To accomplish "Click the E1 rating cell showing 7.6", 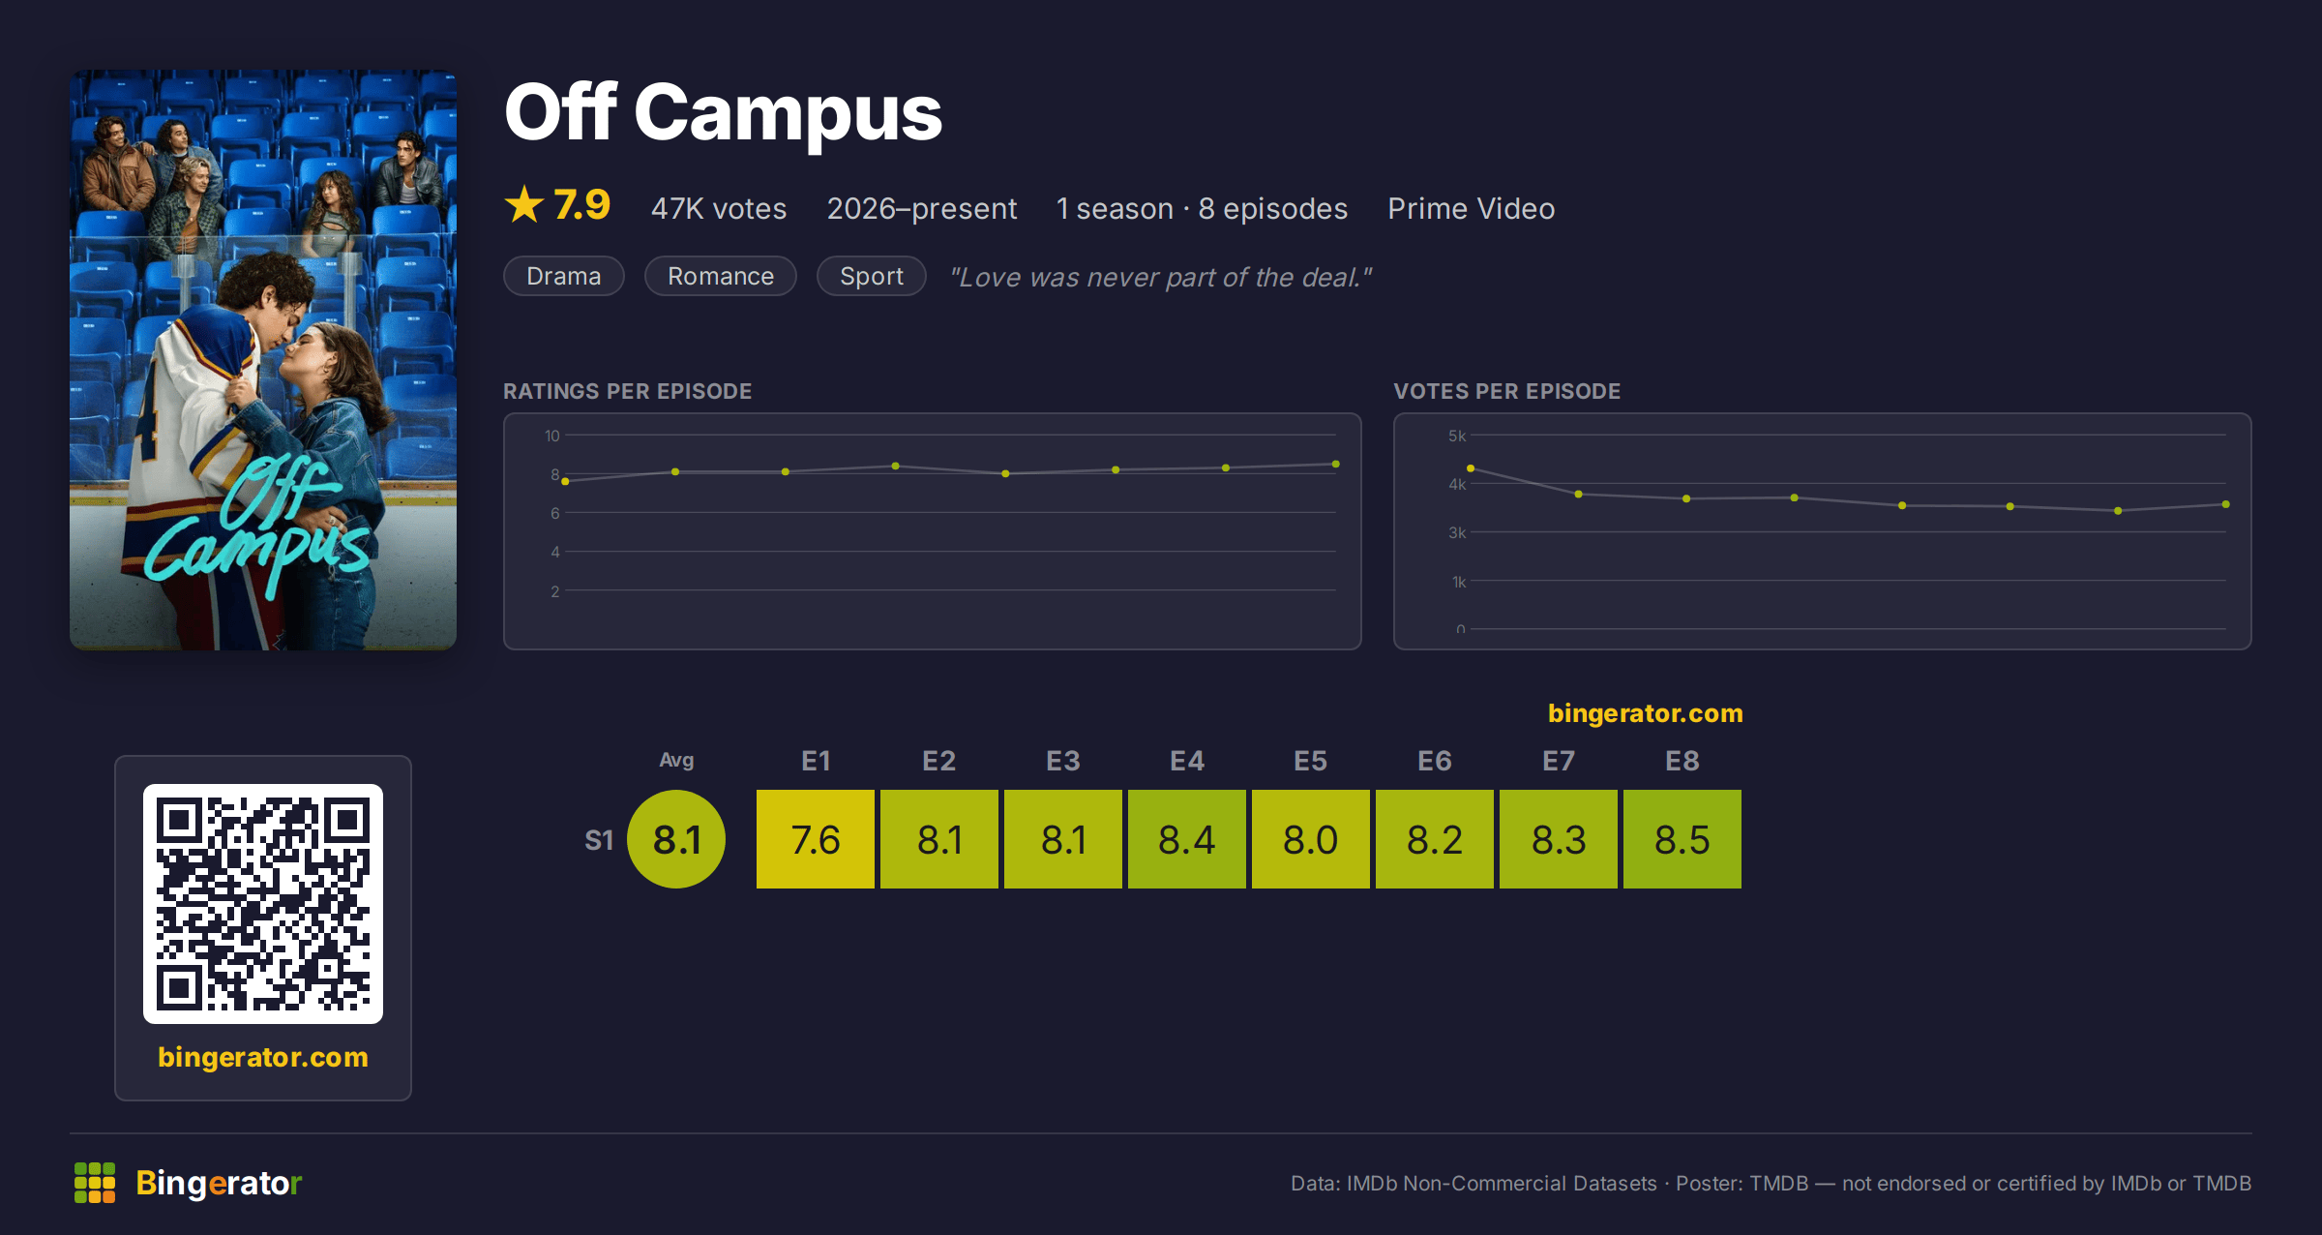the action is click(x=815, y=838).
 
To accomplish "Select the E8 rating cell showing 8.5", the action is click(x=1682, y=838).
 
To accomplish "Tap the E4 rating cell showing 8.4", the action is click(x=1186, y=838).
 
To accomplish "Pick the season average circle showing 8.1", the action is click(x=676, y=838).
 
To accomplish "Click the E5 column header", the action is click(x=1310, y=761).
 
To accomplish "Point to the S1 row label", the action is click(x=599, y=840).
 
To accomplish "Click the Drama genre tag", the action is click(x=564, y=276).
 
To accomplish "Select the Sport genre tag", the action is click(x=872, y=276).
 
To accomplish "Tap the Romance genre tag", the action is click(x=721, y=276).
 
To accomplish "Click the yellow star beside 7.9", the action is click(x=524, y=204).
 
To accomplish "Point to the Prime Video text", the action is click(x=1471, y=208).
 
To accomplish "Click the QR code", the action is click(x=263, y=904).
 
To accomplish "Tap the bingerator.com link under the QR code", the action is click(x=263, y=1057).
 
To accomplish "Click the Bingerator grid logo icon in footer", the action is click(x=95, y=1183).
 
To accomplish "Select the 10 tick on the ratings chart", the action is click(x=551, y=436).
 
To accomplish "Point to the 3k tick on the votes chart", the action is click(x=1457, y=532).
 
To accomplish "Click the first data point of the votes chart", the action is click(x=1471, y=468).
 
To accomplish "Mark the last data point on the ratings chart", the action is click(x=1336, y=465).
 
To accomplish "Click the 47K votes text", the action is click(x=719, y=208).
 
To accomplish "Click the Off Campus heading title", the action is click(x=723, y=112).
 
